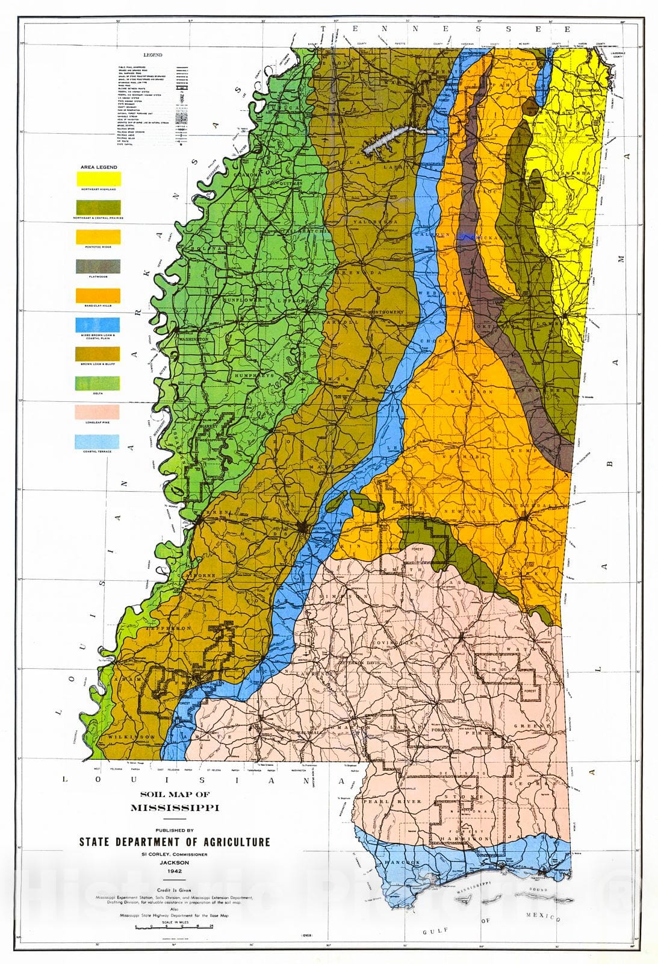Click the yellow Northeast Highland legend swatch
click(98, 178)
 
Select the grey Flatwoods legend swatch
click(98, 266)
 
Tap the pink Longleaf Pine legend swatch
click(98, 413)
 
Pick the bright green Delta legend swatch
click(98, 383)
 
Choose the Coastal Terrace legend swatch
click(98, 442)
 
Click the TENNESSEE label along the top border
click(447, 28)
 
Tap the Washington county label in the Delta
click(193, 339)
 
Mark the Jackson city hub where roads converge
click(304, 528)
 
